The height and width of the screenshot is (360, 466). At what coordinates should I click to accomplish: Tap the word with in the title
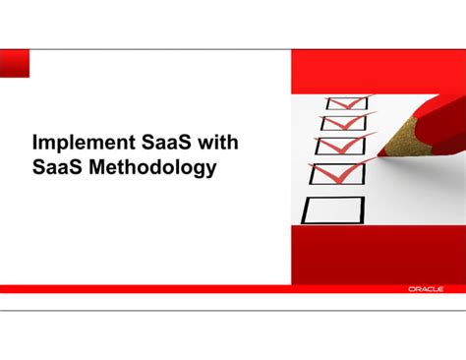tap(216, 144)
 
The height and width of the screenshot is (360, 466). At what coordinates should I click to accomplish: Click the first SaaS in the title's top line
tap(162, 144)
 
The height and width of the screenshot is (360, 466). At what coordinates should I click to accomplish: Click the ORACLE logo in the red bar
tap(425, 289)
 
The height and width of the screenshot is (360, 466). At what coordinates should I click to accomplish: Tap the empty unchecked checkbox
tap(334, 209)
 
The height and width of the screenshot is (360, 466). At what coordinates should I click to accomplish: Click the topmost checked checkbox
tap(346, 102)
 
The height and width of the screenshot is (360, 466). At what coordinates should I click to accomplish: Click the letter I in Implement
tap(35, 144)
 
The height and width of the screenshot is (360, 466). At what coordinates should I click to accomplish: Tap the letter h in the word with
tap(232, 144)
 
